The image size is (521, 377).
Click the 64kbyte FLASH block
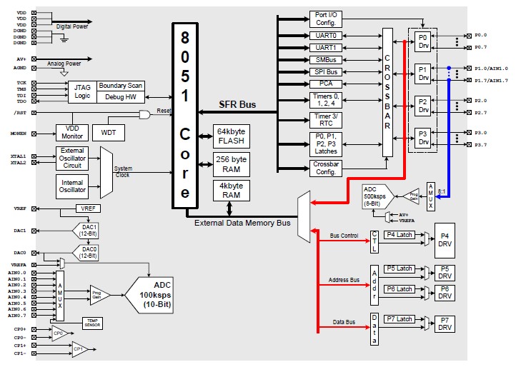click(x=231, y=136)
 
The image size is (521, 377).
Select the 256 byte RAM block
click(x=231, y=164)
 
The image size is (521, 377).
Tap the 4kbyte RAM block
click(x=231, y=191)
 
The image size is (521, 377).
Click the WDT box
click(x=109, y=133)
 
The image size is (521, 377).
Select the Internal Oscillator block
click(x=72, y=186)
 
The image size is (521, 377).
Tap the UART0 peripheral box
click(x=326, y=34)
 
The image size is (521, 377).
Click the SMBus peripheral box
click(x=326, y=59)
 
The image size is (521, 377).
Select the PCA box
click(x=326, y=84)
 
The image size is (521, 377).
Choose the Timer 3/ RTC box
click(x=326, y=119)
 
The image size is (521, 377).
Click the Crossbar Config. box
click(x=326, y=168)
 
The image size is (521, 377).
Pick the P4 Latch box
click(x=399, y=235)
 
